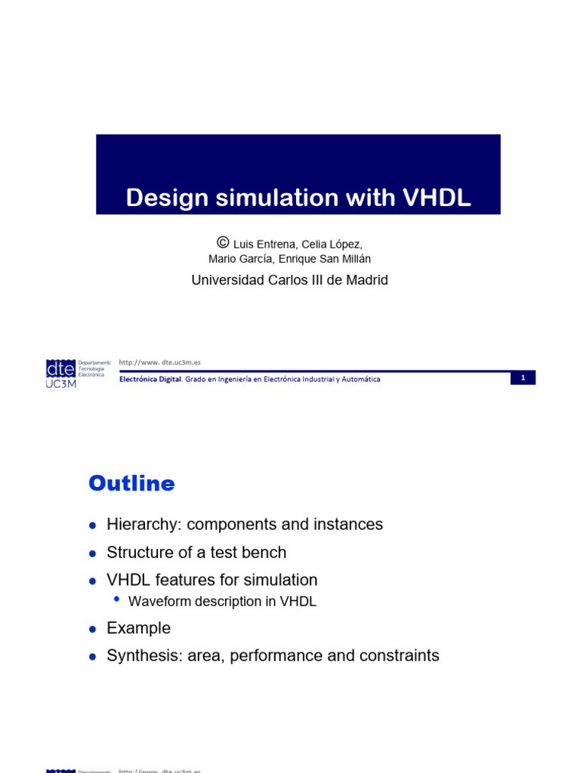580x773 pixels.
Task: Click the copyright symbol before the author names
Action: [222, 242]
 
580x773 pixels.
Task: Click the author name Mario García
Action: [240, 260]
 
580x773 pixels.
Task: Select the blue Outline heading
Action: [131, 483]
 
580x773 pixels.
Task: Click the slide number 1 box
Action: [523, 377]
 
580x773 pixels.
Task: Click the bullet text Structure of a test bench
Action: [196, 553]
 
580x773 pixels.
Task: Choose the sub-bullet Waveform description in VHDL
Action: [222, 602]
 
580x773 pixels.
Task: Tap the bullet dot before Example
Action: [92, 629]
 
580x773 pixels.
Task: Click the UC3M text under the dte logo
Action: [61, 383]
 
